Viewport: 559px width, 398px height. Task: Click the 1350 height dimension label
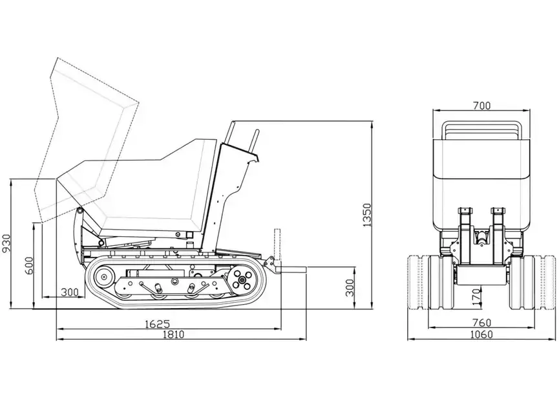[x=367, y=216]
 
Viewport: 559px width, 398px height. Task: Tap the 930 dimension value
[x=6, y=243]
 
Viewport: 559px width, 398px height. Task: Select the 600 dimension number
[x=29, y=265]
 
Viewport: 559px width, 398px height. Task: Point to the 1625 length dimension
[x=157, y=324]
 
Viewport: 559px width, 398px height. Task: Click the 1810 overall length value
[x=174, y=335]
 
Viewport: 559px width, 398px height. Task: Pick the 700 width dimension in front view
[x=481, y=105]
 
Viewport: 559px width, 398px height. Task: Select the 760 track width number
[x=482, y=323]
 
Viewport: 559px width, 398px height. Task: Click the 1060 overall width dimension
[x=481, y=335]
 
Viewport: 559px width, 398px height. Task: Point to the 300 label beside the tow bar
[x=350, y=288]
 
